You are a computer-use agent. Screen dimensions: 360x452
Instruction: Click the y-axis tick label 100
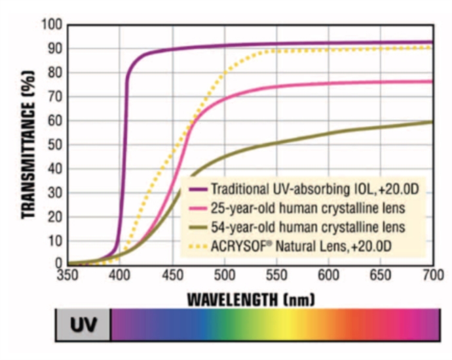[x=52, y=25]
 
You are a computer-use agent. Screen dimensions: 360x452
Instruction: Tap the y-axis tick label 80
[x=54, y=73]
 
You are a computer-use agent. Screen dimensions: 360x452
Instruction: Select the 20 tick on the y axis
[x=54, y=216]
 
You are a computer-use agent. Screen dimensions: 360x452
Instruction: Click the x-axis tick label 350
[x=68, y=275]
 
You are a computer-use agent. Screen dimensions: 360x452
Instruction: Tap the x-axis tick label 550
[x=276, y=275]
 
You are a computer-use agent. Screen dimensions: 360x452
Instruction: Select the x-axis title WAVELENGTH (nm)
[x=251, y=300]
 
